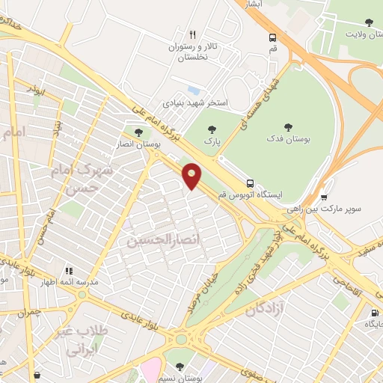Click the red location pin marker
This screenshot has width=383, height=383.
click(192, 176)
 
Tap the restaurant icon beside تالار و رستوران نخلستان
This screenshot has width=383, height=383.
click(192, 34)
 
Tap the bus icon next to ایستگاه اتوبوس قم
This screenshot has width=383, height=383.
click(249, 182)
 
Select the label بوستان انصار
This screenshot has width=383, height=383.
click(134, 144)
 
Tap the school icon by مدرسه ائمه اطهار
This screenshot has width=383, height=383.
click(68, 271)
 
